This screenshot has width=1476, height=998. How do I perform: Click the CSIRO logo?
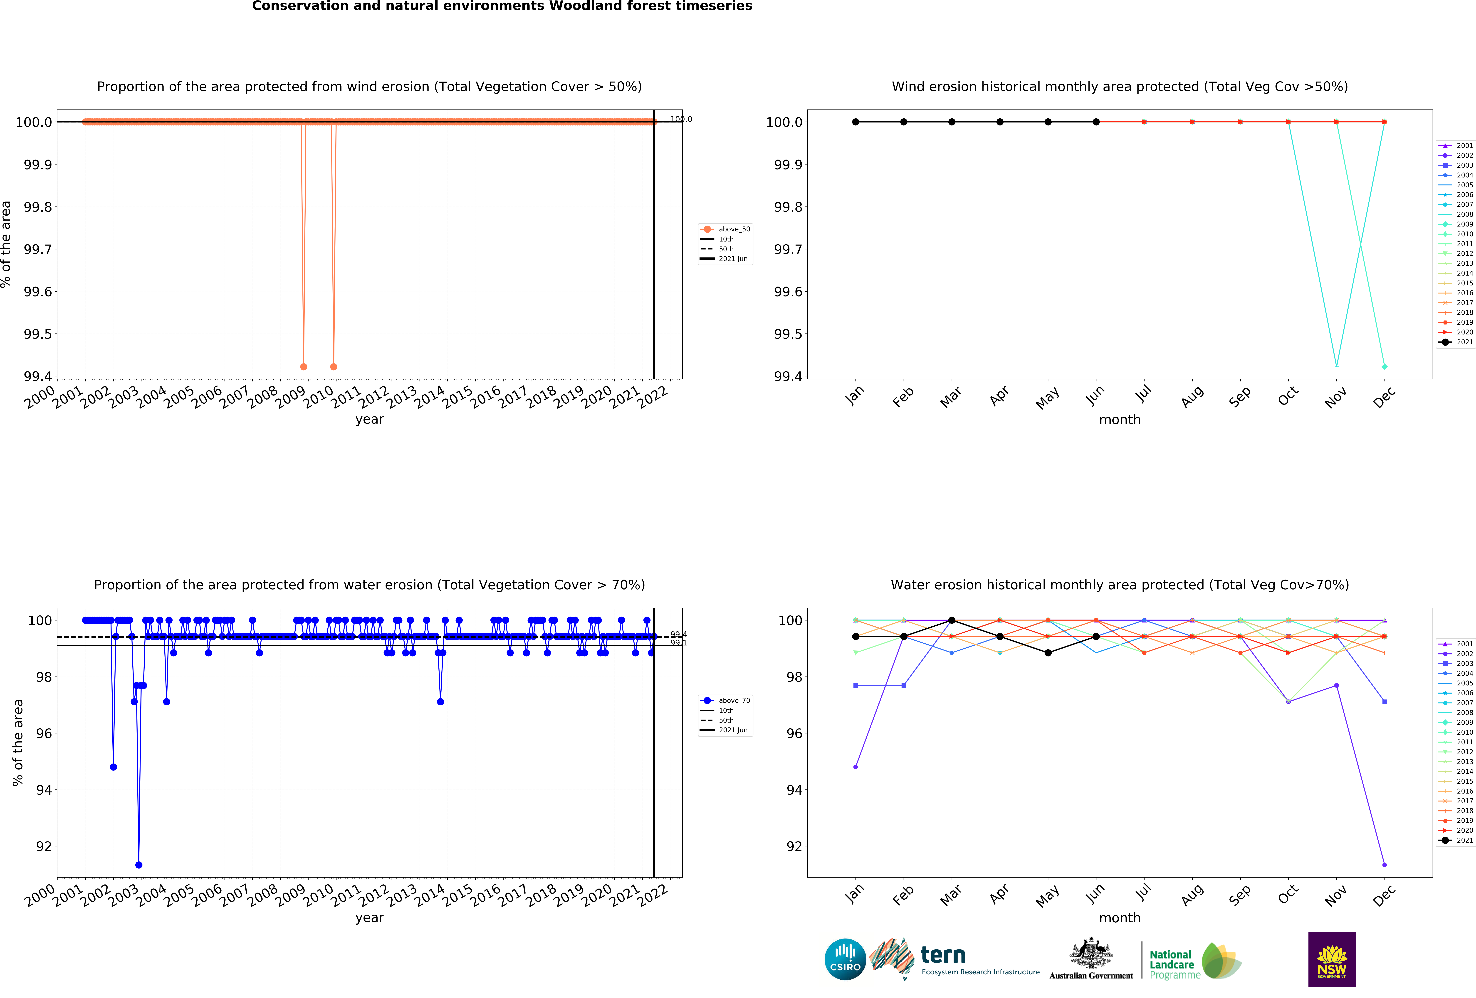(845, 959)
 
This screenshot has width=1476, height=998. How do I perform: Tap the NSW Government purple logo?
(1332, 959)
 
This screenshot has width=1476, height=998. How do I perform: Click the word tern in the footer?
(943, 955)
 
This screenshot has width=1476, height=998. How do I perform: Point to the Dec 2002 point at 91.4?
(1385, 865)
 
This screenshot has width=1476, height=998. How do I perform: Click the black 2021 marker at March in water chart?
(951, 620)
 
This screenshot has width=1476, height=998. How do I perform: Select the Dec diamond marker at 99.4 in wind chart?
(1385, 367)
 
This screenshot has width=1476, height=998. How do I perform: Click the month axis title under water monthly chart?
(1120, 918)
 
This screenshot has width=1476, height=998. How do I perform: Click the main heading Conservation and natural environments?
(502, 6)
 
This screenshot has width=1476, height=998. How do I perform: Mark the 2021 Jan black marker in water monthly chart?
(855, 637)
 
